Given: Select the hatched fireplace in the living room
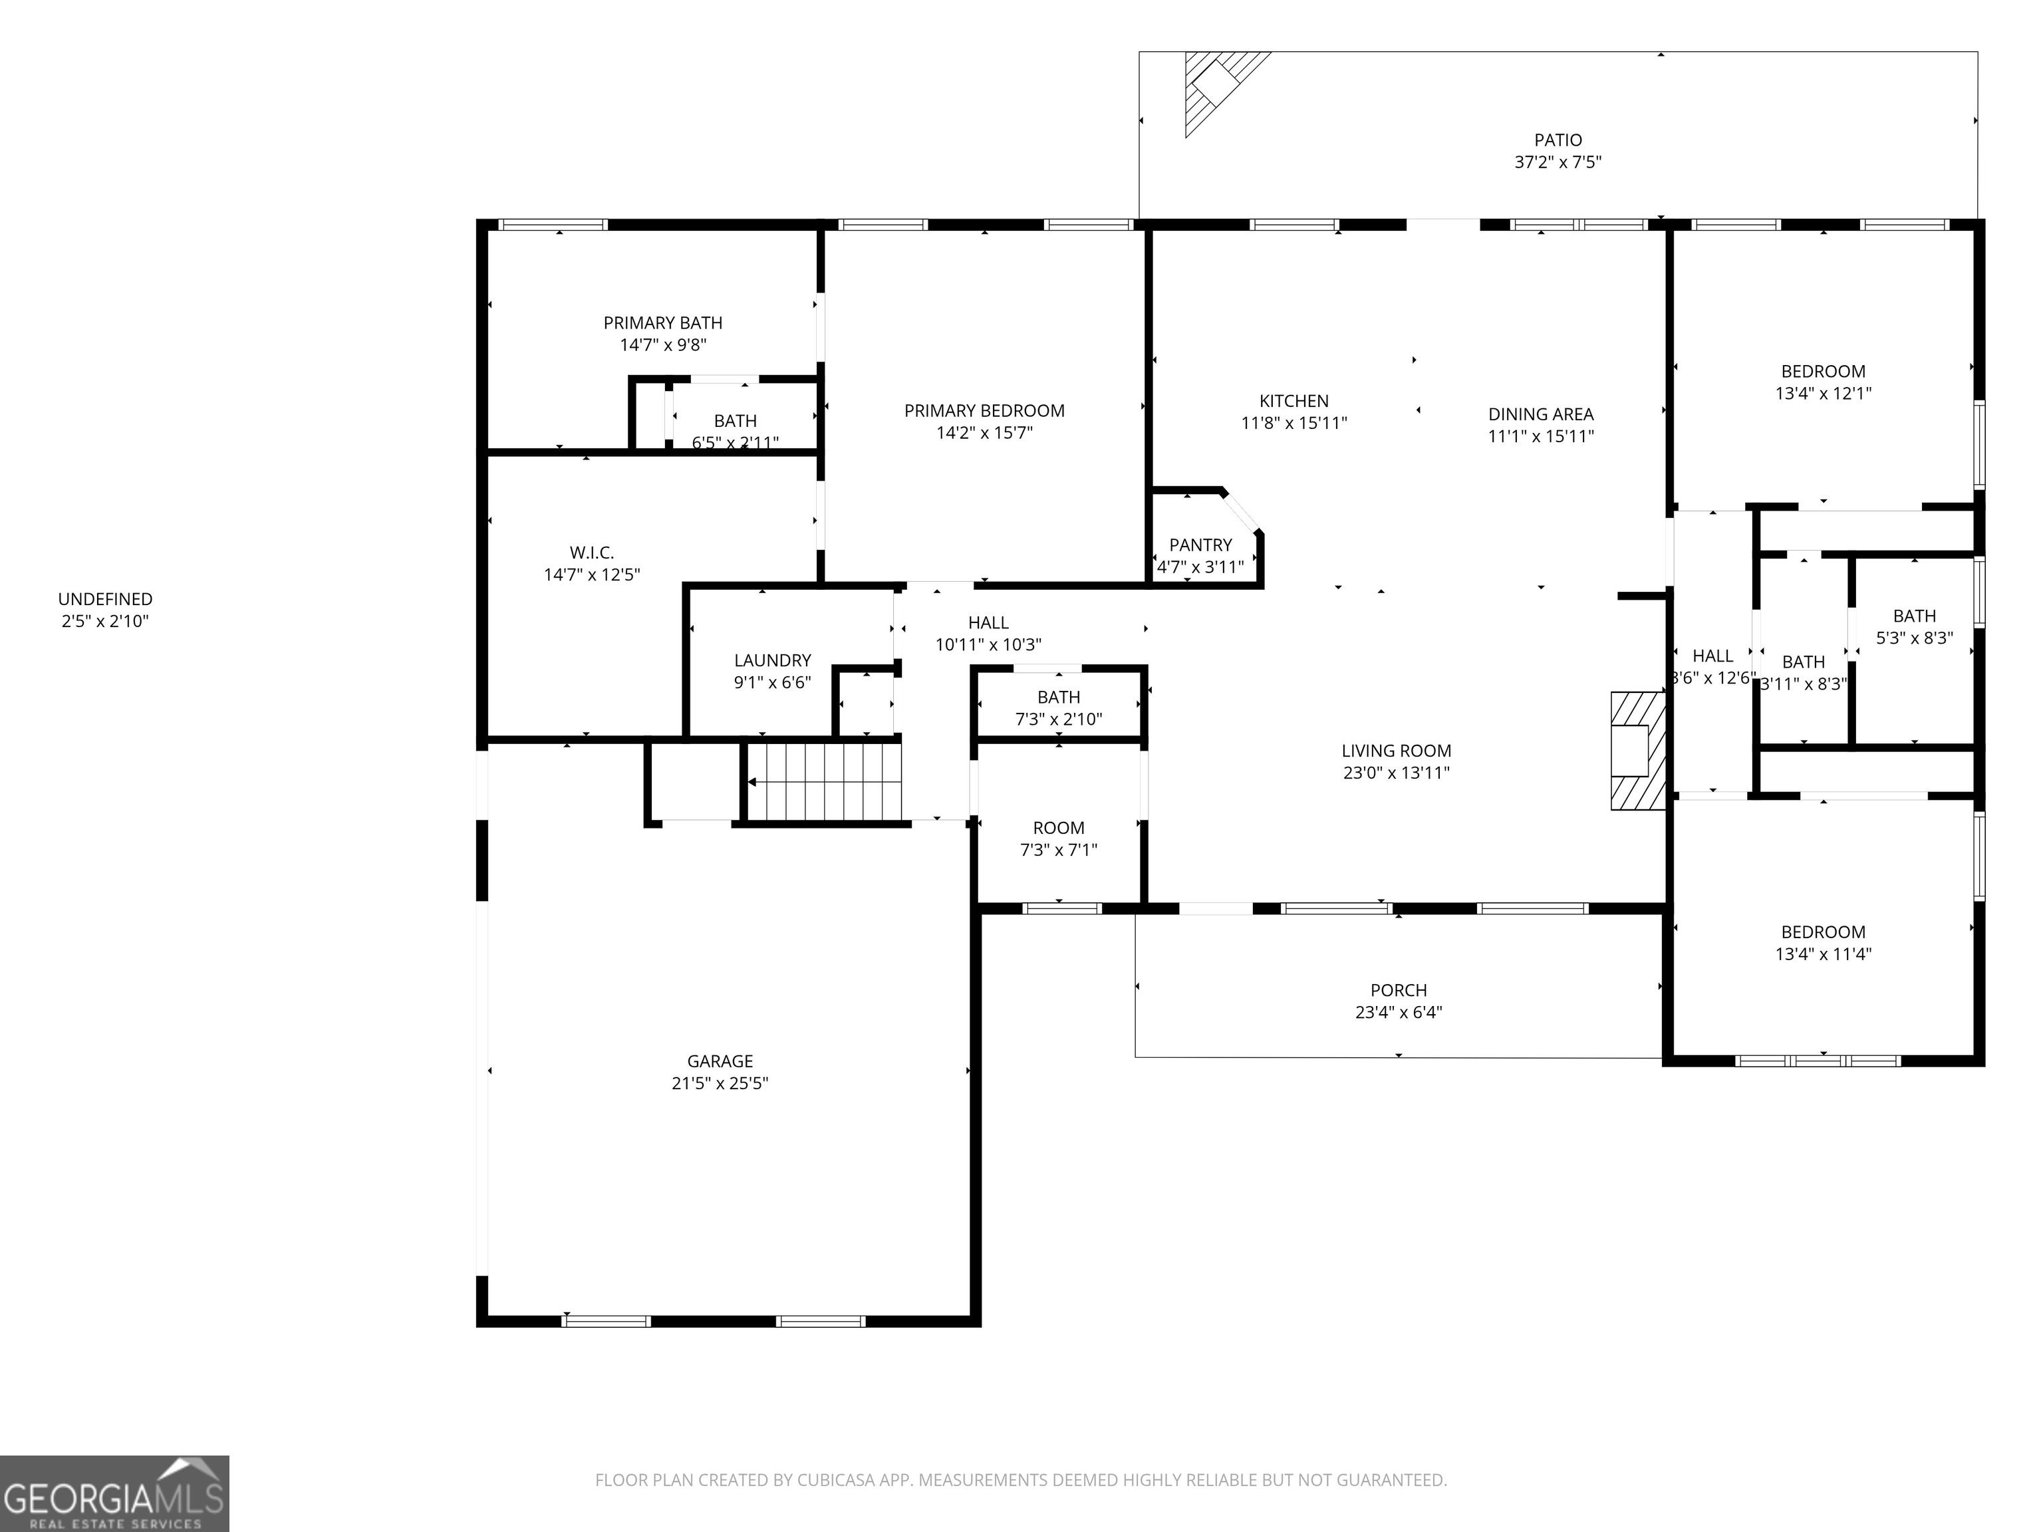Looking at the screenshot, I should [1637, 750].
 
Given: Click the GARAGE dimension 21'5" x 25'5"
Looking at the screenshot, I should [720, 1083].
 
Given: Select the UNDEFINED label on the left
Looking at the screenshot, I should [105, 599].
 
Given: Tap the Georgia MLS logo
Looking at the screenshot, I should [114, 1493].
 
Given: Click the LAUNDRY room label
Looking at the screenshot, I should [772, 660].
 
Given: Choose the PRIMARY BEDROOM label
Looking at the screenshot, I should [984, 411].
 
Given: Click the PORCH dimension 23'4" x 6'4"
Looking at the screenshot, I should [1399, 1012].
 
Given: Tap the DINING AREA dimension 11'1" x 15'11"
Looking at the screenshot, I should [1540, 436].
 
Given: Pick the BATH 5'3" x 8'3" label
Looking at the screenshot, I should [1914, 616].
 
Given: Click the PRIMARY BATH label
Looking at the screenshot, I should [662, 323].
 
